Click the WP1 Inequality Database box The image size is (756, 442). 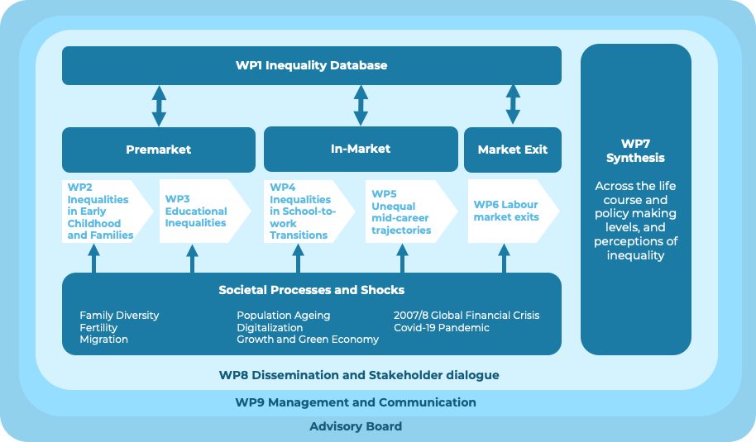click(x=311, y=65)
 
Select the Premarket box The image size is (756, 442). click(x=159, y=150)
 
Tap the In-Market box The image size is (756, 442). click(x=361, y=149)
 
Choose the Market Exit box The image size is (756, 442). click(x=513, y=150)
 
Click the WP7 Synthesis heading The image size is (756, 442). click(x=635, y=150)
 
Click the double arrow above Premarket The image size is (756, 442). click(x=159, y=106)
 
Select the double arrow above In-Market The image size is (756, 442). click(x=361, y=105)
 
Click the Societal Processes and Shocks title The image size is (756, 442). click(x=311, y=290)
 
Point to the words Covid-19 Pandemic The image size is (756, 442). click(x=441, y=328)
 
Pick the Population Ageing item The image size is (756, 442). click(x=283, y=316)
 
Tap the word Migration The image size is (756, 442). click(x=103, y=340)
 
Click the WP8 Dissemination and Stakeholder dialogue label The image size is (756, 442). click(x=359, y=375)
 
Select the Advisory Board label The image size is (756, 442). click(x=356, y=426)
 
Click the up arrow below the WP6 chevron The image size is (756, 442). click(x=504, y=258)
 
